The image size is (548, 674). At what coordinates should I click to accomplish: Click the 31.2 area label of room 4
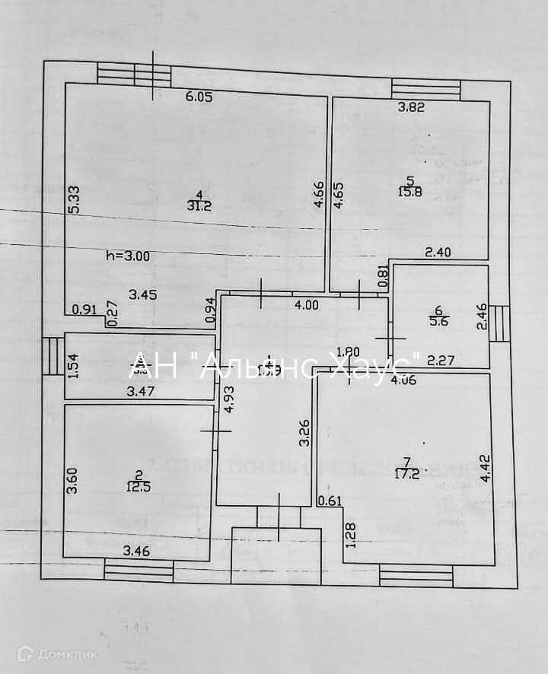tap(199, 205)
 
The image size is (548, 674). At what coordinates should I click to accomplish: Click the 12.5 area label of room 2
tap(139, 488)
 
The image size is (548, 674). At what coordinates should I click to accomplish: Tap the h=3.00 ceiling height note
tap(128, 256)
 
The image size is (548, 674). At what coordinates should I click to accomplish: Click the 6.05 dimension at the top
tap(199, 97)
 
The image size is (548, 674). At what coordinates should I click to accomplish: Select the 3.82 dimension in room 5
tap(412, 107)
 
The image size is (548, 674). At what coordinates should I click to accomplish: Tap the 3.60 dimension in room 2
tap(72, 480)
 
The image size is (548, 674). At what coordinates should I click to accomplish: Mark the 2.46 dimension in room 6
tap(481, 316)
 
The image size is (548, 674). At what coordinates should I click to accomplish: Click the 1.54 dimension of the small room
tap(74, 366)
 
